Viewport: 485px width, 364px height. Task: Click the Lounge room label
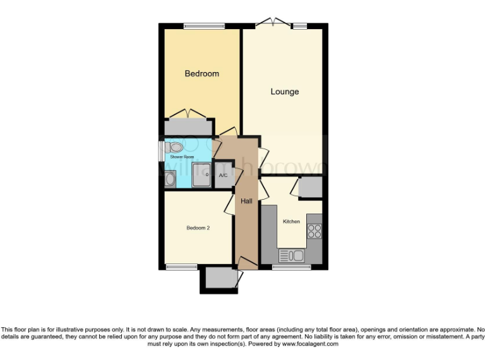pos(285,92)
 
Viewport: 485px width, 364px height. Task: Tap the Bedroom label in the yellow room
pos(201,74)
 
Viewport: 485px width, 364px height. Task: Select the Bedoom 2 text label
pos(198,228)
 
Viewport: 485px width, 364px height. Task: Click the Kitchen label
pos(291,221)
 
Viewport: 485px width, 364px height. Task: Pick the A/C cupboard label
pos(223,176)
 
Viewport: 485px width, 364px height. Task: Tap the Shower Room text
pos(181,155)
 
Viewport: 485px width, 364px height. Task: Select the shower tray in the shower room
pos(202,174)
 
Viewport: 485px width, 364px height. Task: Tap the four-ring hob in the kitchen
pos(314,231)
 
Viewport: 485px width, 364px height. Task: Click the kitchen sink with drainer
pos(292,256)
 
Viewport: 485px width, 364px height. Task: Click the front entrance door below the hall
pos(247,264)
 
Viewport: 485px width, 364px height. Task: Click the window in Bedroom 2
pos(181,267)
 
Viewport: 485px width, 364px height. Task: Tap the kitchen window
pos(291,267)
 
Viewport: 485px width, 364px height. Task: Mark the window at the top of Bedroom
pos(204,27)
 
